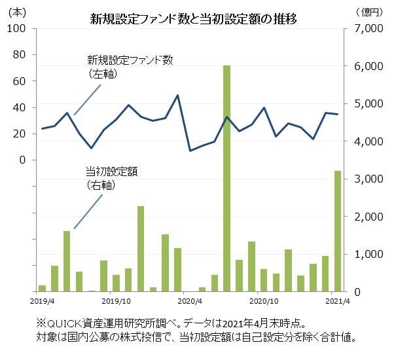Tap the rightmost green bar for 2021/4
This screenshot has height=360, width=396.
338,231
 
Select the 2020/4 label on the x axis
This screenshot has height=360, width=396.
190,302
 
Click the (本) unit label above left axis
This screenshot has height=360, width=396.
16,12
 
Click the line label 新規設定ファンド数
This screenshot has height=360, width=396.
130,60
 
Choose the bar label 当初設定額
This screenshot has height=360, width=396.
112,171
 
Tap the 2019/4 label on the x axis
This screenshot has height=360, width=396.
42,302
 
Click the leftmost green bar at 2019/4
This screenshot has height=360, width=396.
43,288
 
